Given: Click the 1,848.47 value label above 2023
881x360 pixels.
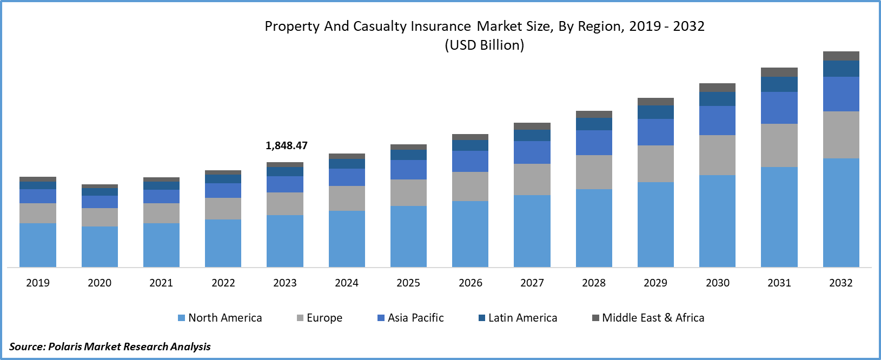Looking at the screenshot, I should pos(286,145).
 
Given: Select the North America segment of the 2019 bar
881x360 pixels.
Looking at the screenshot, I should pos(38,245).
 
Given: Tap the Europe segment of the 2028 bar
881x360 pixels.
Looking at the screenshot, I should pos(594,172).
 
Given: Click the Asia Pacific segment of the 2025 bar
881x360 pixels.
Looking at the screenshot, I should pos(408,170).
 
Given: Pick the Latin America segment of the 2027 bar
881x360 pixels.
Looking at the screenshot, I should pos(532,135).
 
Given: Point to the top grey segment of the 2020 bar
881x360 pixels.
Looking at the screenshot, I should pos(100,186).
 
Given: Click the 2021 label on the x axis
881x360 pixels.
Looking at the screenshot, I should pos(161,283).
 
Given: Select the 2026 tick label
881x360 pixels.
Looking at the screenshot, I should pos(471,283).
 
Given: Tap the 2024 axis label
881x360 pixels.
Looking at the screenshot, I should pos(347,283).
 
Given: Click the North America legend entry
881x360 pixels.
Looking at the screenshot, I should pos(220,318).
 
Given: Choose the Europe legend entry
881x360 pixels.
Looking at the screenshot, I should pos(320,318).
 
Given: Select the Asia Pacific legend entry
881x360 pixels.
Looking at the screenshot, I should pos(410,318).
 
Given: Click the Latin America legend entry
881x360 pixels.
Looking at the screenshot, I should pos(518,318).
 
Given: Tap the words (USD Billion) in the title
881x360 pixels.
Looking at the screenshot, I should pos(484,45).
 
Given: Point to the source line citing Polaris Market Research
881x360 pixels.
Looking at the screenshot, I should pos(110,346).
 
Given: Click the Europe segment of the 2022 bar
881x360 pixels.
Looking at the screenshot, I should pos(223,208).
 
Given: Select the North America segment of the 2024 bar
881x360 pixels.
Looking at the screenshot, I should pos(347,238).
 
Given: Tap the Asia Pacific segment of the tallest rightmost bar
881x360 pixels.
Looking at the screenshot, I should pos(841,94).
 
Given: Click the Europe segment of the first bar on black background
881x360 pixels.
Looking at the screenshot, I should pos(655,164).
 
